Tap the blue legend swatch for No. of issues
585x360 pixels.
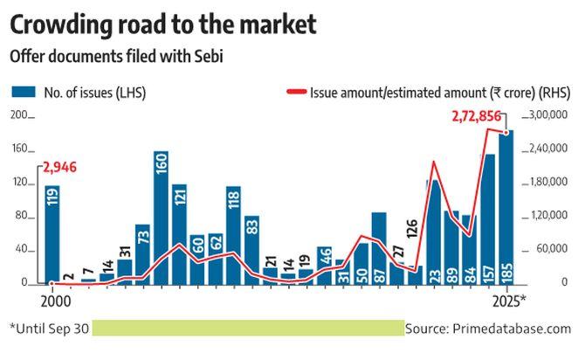(22, 92)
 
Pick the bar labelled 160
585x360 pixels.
(161, 218)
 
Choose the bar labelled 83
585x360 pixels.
(251, 250)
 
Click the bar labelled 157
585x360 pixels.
(488, 219)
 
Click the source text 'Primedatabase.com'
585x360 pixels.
(515, 329)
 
